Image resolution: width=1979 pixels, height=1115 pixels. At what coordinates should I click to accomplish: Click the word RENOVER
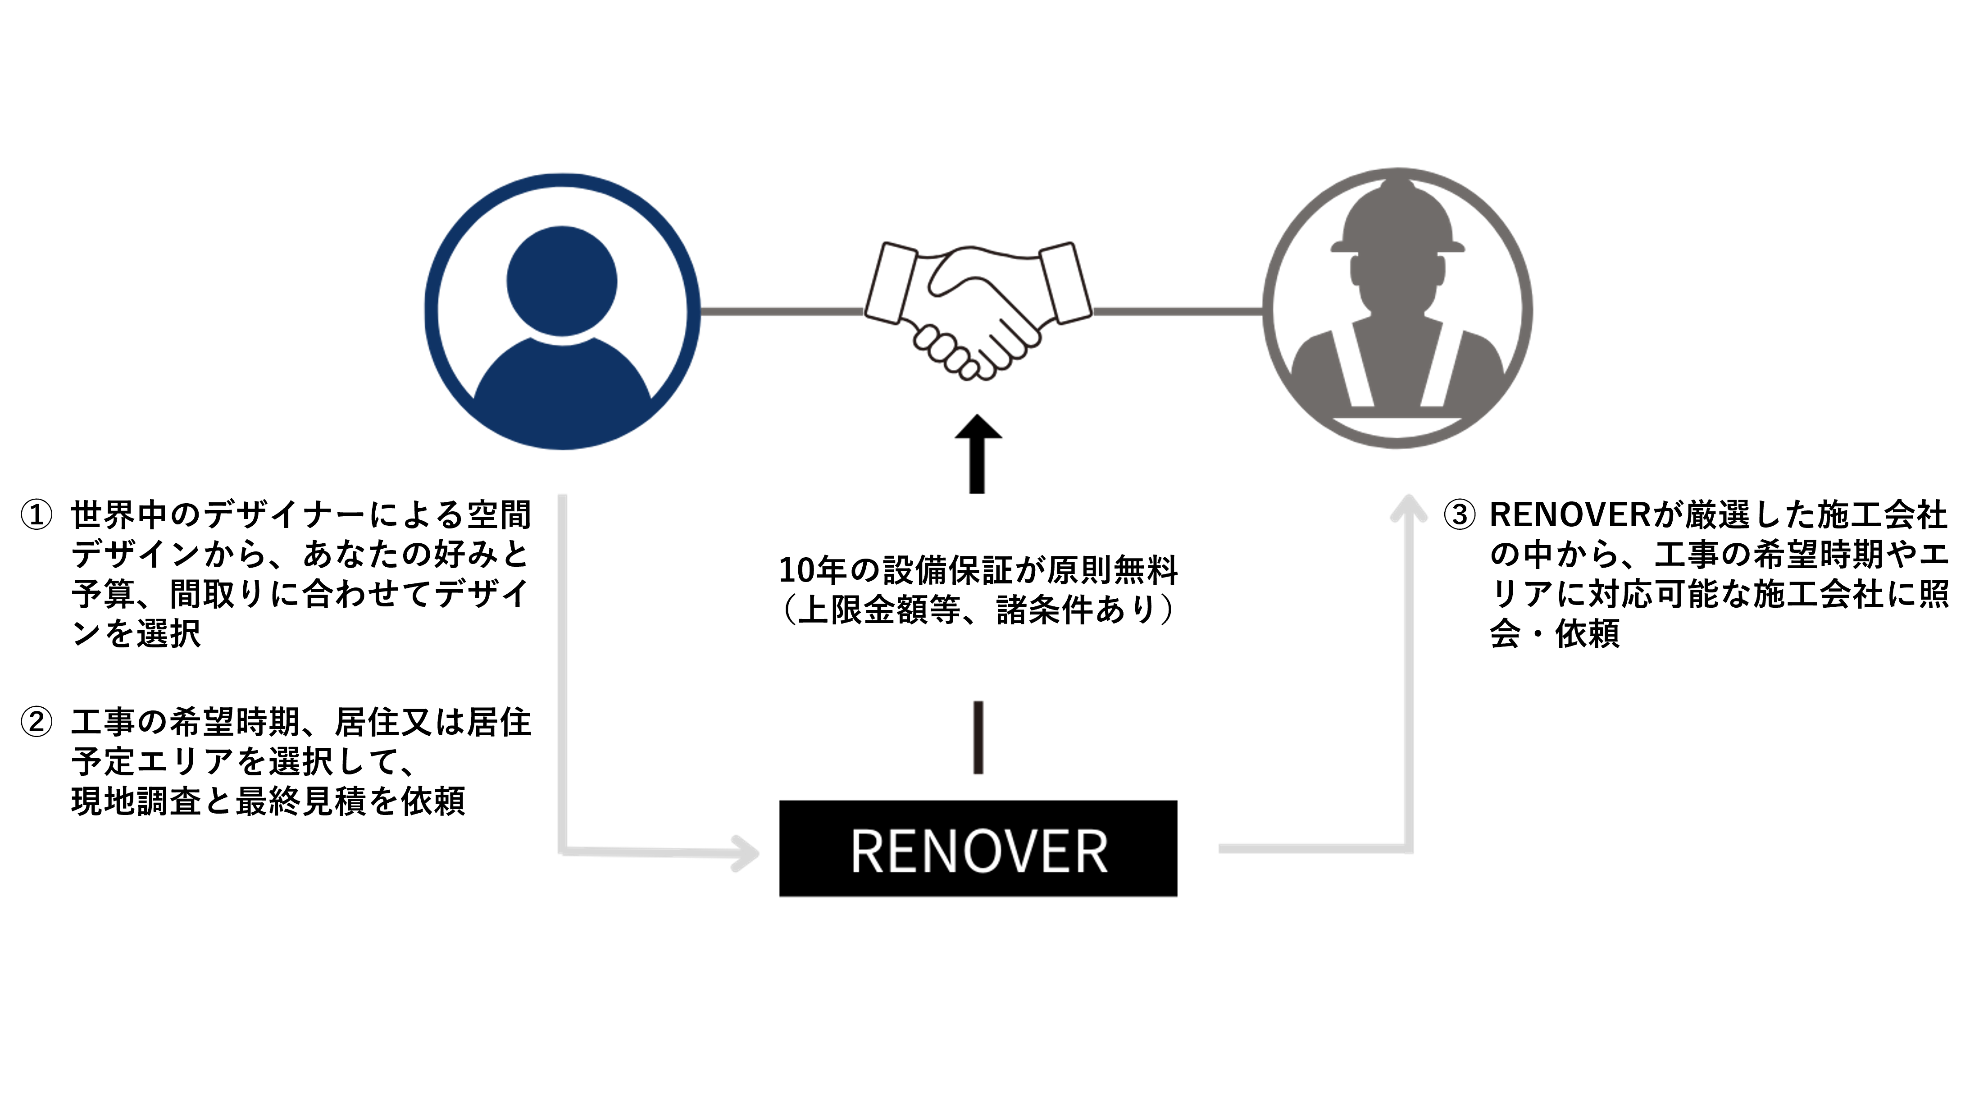[979, 851]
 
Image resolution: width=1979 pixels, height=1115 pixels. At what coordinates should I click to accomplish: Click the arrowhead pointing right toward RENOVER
[745, 853]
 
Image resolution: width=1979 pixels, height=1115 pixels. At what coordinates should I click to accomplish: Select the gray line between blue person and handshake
[782, 310]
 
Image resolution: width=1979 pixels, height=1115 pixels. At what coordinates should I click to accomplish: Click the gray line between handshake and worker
[1177, 310]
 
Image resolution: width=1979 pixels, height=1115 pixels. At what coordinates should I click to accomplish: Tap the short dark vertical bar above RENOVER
[978, 737]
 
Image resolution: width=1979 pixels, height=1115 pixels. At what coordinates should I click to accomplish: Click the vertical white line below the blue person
[563, 669]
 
